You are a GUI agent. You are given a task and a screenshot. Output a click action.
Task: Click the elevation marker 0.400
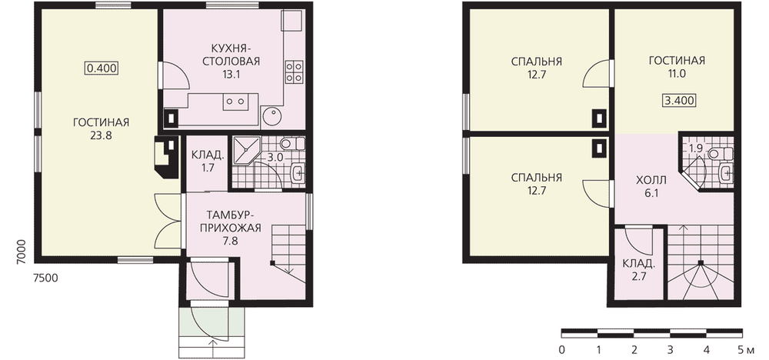coord(102,68)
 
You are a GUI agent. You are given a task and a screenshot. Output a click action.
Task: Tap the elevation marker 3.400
coord(679,101)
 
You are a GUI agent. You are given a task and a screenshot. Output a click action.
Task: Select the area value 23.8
coord(101,135)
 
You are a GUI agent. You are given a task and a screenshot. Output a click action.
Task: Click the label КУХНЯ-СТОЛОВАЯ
coord(235,55)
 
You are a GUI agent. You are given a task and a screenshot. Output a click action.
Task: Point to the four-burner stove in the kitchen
coord(293,72)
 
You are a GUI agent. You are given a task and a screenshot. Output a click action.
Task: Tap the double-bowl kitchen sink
coord(234,102)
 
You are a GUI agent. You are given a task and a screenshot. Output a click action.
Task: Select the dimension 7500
coord(45,278)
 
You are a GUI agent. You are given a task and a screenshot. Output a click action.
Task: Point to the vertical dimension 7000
coord(21,252)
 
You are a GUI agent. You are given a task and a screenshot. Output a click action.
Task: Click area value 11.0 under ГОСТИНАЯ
coord(676,74)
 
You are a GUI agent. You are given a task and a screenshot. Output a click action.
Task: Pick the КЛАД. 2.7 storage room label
coord(638,270)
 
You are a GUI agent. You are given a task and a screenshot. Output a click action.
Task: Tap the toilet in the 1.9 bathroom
coord(721,154)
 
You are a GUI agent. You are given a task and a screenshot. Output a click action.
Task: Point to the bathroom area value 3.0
coord(275,158)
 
